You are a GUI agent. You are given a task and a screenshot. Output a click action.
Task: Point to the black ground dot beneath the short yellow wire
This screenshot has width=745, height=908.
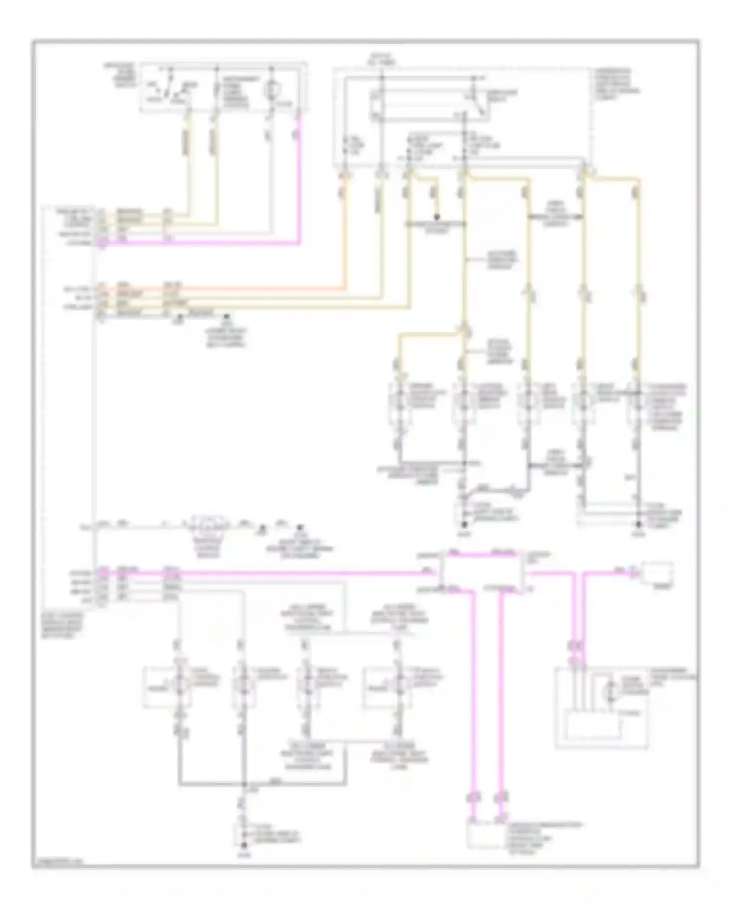coord(437,217)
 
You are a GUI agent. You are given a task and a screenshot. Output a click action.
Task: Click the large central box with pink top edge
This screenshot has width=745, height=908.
coord(482,572)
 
